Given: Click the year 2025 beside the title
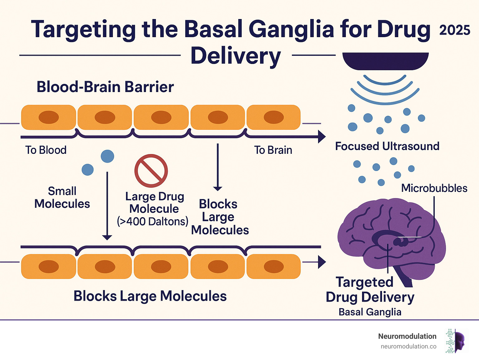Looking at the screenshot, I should click(x=454, y=30).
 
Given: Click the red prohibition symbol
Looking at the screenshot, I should click(x=151, y=171).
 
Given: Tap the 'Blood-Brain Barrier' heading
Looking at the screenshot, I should click(x=105, y=87).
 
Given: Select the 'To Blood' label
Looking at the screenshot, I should click(x=46, y=150).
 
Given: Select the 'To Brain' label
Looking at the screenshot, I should click(x=273, y=150).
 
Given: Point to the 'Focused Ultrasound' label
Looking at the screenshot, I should click(x=387, y=146).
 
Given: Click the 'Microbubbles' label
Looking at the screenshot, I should click(x=434, y=188).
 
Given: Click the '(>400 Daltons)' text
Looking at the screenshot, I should click(x=152, y=221).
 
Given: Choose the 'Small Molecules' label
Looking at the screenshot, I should click(x=62, y=197).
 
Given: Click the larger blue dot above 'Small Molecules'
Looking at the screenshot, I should click(x=107, y=156).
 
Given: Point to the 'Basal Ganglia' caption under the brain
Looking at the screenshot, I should click(x=370, y=312).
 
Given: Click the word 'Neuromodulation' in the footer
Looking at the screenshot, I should click(x=407, y=336).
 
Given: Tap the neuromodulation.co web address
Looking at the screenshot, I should click(x=408, y=346).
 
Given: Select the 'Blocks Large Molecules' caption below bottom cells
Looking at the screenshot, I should click(x=150, y=296).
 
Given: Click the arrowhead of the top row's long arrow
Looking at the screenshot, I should click(x=322, y=137).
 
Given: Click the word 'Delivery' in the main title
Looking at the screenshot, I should click(x=236, y=56).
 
